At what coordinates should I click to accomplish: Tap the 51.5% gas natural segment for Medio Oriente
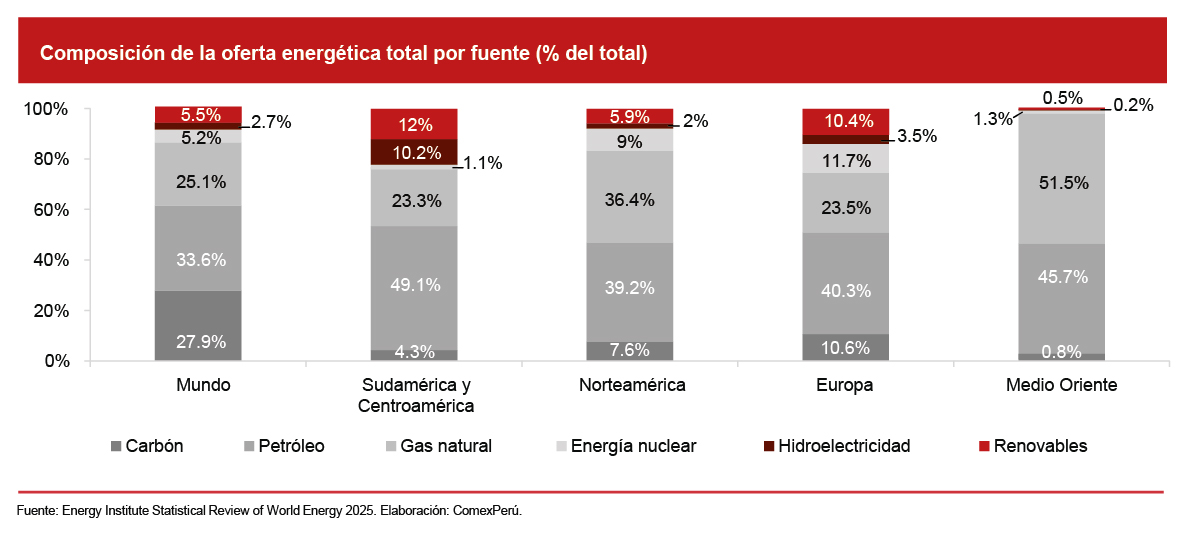[1062, 180]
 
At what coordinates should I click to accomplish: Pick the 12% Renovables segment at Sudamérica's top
[414, 124]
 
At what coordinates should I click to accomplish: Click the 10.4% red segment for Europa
[845, 121]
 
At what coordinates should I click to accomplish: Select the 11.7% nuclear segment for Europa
[845, 159]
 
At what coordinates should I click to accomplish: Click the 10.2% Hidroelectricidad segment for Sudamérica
[414, 152]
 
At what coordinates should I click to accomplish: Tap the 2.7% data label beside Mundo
[271, 122]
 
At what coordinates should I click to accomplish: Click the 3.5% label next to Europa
[917, 136]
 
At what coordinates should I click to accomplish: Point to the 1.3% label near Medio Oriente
[993, 118]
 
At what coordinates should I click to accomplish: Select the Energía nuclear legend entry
[625, 446]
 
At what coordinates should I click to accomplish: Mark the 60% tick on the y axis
[47, 210]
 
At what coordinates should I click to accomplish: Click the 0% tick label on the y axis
[55, 361]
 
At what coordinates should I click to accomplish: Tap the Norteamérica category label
[631, 385]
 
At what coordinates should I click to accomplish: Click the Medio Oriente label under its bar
[1062, 385]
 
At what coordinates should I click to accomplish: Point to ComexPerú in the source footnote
[487, 510]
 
